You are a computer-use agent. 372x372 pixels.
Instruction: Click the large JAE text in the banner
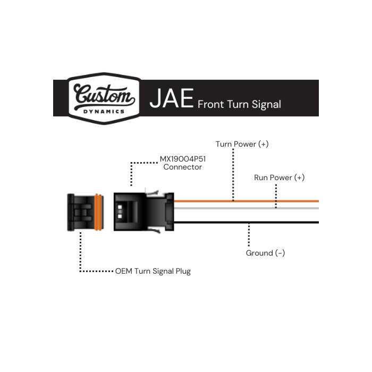[x=172, y=98]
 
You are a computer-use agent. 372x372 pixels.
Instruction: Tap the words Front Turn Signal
[x=239, y=104]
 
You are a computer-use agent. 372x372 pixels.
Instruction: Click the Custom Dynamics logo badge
[x=104, y=98]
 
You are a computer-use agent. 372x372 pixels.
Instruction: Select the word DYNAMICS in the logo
[x=104, y=112]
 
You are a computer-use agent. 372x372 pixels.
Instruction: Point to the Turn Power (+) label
[x=242, y=144]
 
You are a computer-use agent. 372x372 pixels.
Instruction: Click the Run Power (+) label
[x=279, y=177]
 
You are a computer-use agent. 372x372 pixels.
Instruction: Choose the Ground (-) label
[x=265, y=253]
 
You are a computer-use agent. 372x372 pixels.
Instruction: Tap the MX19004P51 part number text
[x=183, y=159]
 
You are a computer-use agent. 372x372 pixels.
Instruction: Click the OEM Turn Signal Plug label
[x=153, y=271]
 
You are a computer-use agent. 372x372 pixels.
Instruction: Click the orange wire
[x=246, y=201]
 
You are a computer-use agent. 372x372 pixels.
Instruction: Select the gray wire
[x=246, y=208]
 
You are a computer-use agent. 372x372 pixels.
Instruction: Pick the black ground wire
[x=246, y=222]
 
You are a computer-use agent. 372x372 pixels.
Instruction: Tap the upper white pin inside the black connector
[x=120, y=207]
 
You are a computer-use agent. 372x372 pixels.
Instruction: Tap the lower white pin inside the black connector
[x=120, y=216]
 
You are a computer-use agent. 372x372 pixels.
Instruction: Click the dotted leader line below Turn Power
[x=233, y=175]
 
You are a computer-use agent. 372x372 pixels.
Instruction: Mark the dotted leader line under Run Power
[x=276, y=196]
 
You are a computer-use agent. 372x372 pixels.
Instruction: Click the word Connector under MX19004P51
[x=182, y=167]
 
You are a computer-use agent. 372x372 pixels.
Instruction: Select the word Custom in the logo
[x=104, y=95]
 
